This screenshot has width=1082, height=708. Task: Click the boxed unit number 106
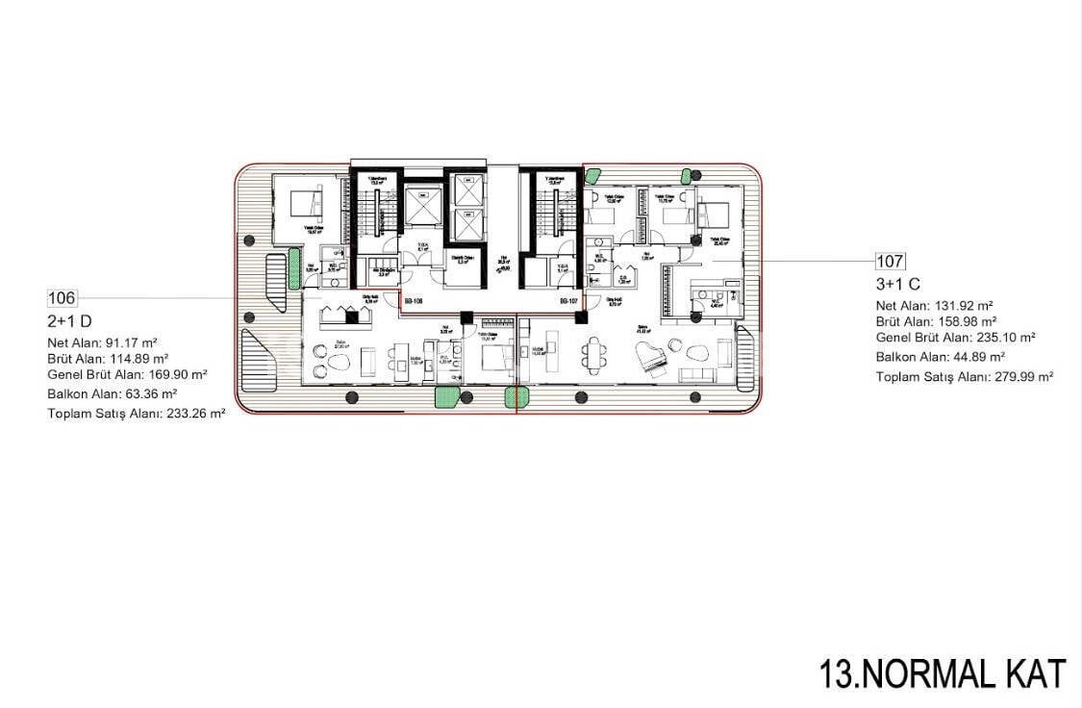click(x=62, y=298)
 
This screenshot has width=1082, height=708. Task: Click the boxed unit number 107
click(x=890, y=261)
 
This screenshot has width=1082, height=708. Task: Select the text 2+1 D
click(x=69, y=321)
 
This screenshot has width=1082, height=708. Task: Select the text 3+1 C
click(x=898, y=285)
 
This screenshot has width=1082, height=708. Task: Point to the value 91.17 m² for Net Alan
click(x=131, y=341)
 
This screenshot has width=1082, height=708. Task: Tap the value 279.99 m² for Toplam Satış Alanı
click(x=1023, y=377)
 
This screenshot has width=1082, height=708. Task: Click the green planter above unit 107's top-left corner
click(x=593, y=175)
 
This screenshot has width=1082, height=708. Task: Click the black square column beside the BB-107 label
click(x=580, y=316)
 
